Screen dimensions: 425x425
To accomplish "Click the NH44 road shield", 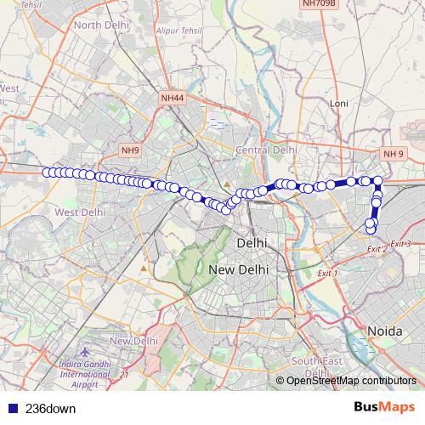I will coord(173,99).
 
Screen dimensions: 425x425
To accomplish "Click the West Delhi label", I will coord(78,212).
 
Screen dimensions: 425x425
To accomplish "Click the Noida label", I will coord(384,329).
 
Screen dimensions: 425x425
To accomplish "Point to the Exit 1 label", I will coord(326,274).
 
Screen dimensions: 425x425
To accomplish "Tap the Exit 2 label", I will coord(377,248).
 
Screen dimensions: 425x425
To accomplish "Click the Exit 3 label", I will coord(402,244).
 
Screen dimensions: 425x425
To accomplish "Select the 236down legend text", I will coord(51,408).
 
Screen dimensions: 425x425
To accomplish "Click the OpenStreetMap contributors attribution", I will coord(351,380).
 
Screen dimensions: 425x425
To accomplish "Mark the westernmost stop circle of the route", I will coord(46,172).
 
